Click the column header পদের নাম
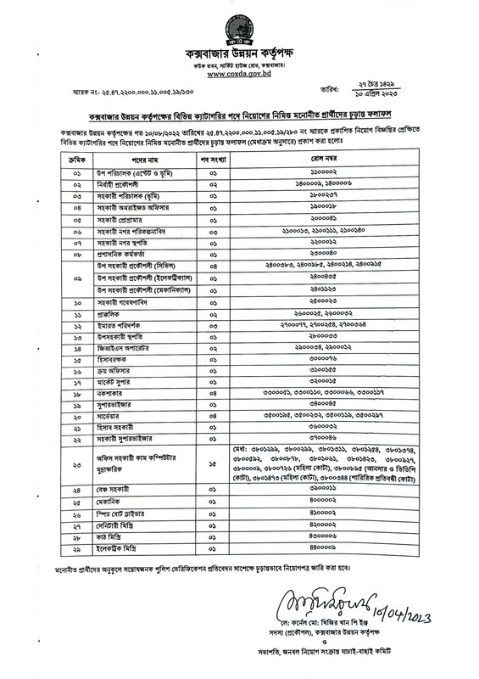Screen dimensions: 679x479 (x=116, y=158)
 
